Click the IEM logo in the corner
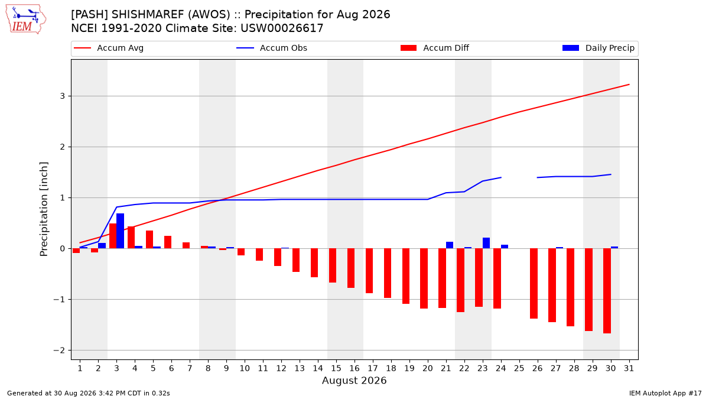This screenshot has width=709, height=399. [x=26, y=20]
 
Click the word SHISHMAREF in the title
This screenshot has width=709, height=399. [x=148, y=15]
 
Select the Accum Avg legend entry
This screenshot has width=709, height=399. [x=109, y=48]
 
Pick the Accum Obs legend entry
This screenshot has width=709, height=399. [x=272, y=48]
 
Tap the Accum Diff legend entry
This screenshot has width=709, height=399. [x=435, y=48]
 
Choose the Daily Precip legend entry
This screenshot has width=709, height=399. [x=598, y=48]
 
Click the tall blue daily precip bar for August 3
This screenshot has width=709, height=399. [x=121, y=231]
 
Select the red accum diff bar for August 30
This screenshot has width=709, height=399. [x=607, y=291]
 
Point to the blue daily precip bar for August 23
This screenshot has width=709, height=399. [x=486, y=243]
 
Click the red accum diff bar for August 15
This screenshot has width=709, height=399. [x=333, y=265]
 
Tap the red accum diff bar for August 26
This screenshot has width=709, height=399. [x=534, y=283]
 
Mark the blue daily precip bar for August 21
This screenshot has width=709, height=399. [x=450, y=245]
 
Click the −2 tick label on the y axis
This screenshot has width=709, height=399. [x=59, y=350]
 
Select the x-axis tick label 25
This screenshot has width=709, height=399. [x=519, y=368]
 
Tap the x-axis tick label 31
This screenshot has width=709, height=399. [x=629, y=368]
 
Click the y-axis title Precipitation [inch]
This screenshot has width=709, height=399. [x=44, y=209]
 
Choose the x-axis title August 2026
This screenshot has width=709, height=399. [x=354, y=380]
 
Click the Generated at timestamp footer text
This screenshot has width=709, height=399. [x=88, y=393]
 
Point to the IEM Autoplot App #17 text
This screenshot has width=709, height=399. [x=665, y=393]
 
